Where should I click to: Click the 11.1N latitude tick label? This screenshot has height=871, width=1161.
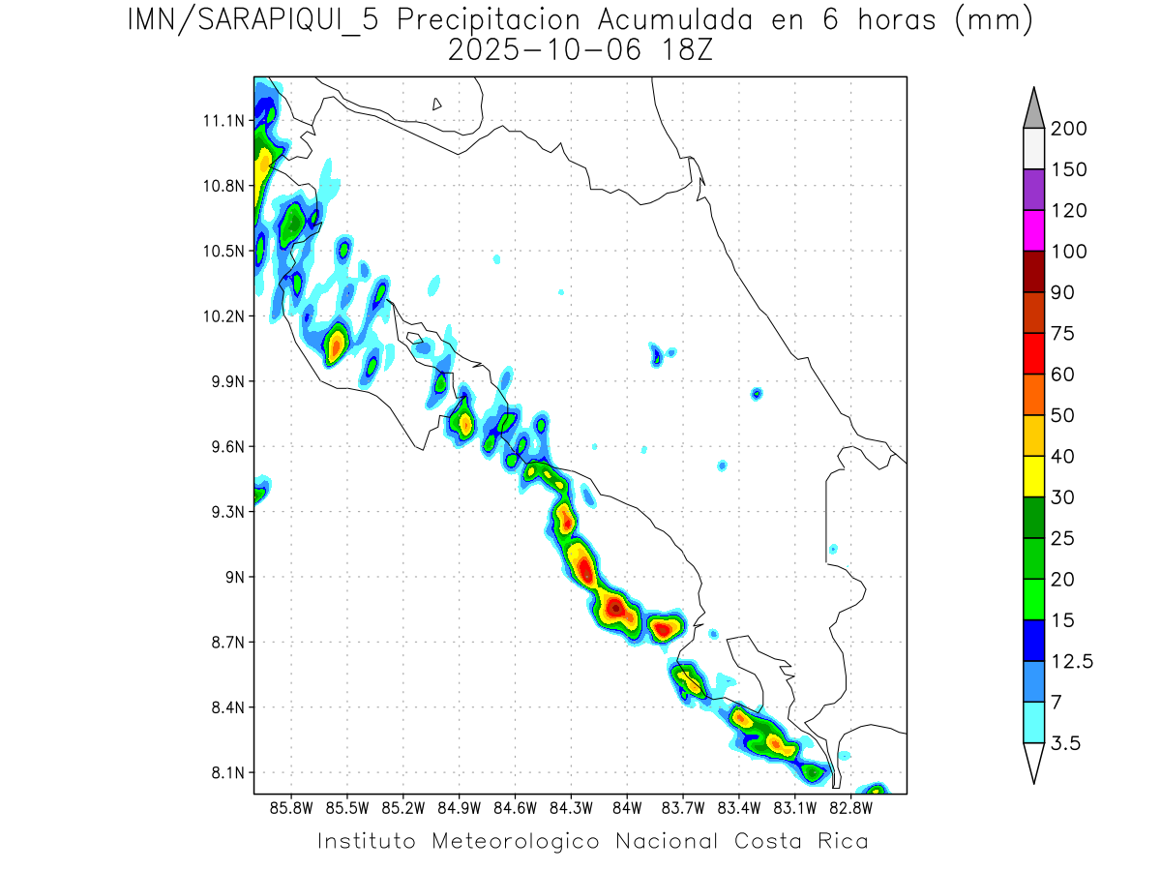tap(221, 121)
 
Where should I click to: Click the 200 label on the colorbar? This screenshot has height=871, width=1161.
tap(1068, 129)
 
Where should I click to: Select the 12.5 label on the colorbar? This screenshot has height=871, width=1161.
tap(1072, 661)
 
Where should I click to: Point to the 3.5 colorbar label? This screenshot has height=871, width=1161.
tap(1067, 743)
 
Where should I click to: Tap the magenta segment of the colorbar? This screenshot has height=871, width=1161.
tap(1033, 230)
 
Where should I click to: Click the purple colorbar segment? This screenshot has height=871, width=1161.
tap(1033, 190)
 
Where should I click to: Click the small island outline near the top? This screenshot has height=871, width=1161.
tap(437, 104)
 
